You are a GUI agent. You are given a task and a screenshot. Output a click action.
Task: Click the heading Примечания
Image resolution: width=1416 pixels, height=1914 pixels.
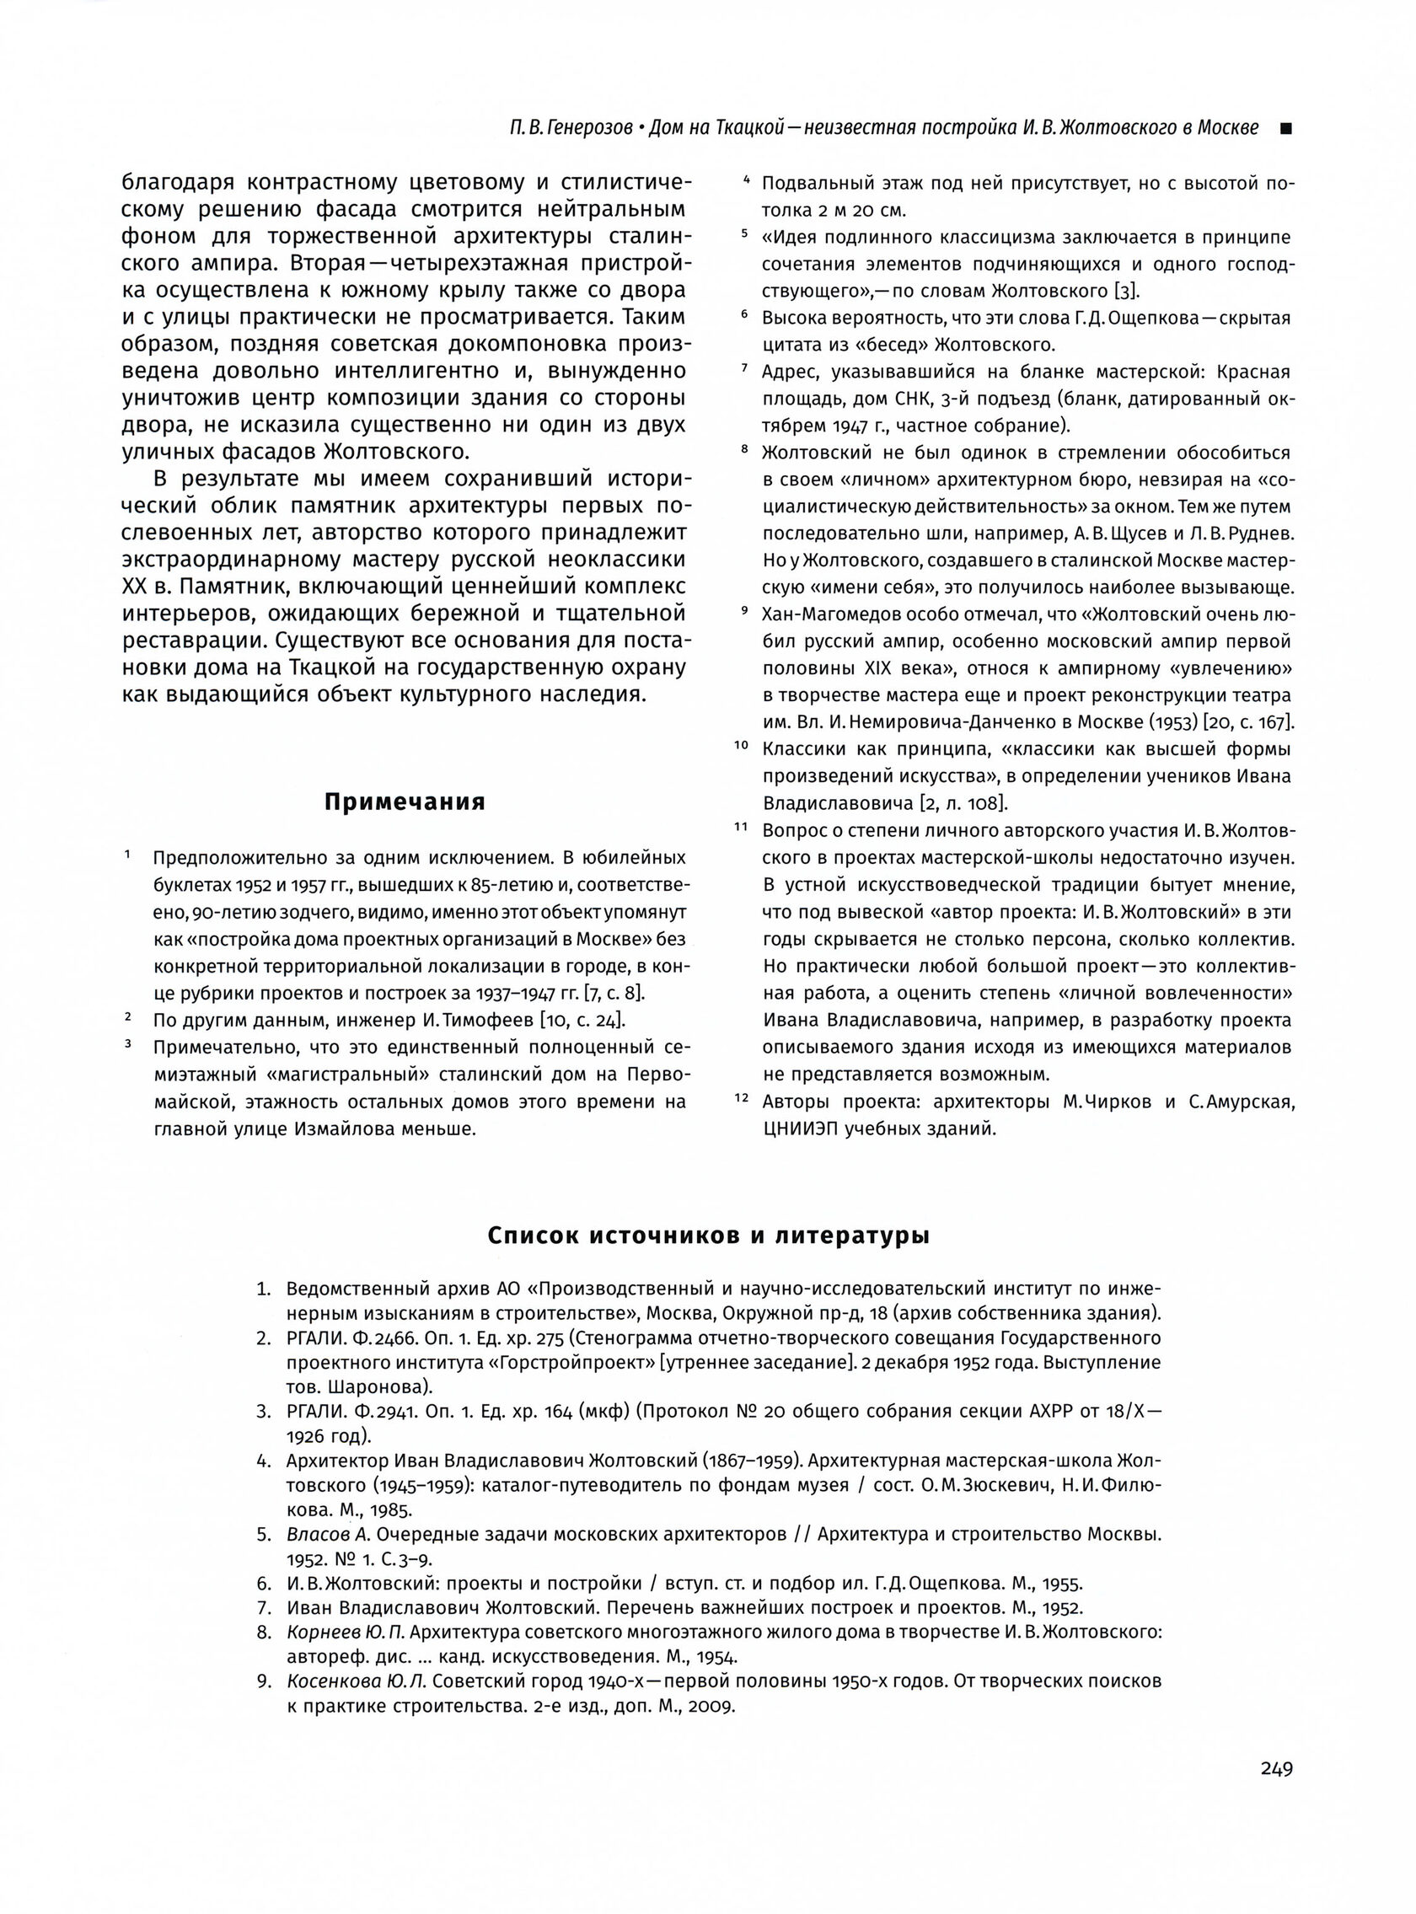405,802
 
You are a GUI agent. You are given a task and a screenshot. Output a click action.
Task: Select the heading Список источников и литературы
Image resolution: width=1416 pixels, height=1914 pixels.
708,1236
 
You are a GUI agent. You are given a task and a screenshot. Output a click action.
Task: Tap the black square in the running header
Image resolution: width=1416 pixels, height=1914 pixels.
1285,130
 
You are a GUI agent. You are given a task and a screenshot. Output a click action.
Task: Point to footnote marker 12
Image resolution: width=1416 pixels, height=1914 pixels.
742,1098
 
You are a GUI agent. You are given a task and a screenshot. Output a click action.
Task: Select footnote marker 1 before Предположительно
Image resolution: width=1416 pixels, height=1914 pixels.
127,855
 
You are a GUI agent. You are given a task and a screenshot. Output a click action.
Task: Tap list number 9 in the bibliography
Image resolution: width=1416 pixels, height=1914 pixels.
264,1681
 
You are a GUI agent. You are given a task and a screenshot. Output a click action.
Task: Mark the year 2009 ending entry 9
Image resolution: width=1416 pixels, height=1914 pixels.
714,1707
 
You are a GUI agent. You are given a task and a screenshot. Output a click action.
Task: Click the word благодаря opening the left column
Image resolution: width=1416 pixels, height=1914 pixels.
175,183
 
